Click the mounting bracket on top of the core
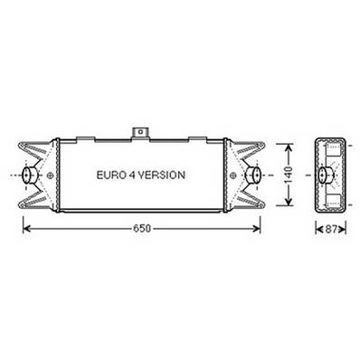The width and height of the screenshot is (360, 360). pyautogui.click(x=141, y=133)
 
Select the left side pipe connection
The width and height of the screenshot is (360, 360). pyautogui.click(x=29, y=175)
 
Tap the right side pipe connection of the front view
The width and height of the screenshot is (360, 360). pyautogui.click(x=254, y=175)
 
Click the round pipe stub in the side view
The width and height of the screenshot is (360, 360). pyautogui.click(x=323, y=175)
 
